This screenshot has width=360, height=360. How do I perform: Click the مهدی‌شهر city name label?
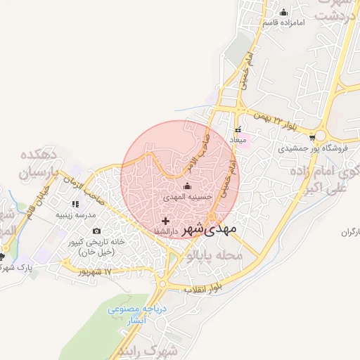point(210,229)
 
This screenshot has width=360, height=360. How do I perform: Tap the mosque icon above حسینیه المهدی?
point(187,186)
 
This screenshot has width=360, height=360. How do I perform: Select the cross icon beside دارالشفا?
point(165,221)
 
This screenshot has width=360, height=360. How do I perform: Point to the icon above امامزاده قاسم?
point(284,12)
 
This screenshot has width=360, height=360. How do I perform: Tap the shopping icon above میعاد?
point(238,129)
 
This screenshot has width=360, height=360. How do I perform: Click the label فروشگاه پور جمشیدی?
point(302,148)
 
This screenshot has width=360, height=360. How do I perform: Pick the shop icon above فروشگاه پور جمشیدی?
point(321,136)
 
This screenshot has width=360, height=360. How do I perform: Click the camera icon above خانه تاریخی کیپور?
point(96,231)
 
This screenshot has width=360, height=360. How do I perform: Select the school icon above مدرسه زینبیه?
point(75,204)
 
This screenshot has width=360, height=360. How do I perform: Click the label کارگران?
point(350,232)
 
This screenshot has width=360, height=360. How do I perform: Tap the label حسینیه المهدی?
point(187,198)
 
